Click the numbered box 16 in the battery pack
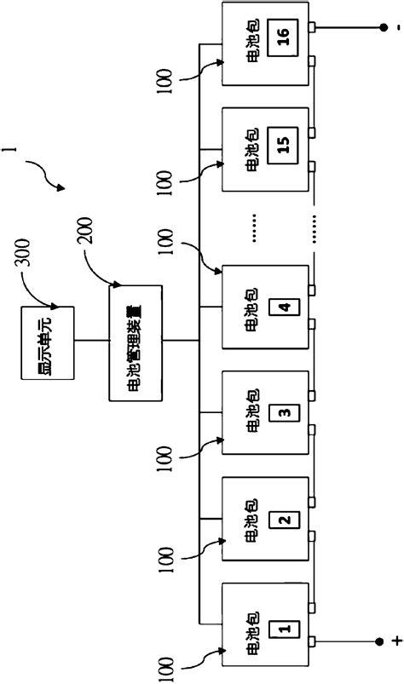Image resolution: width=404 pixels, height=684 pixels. (284, 37)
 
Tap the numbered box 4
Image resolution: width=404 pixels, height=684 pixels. (284, 306)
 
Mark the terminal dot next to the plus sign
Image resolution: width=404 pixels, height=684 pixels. (381, 641)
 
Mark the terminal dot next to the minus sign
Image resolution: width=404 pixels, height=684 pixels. (381, 28)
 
